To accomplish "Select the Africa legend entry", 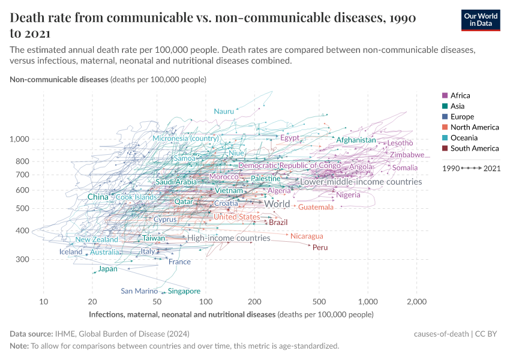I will click(460, 95).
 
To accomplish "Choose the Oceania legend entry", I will click(463, 138).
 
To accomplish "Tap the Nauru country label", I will click(224, 112).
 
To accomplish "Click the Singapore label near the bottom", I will click(184, 291).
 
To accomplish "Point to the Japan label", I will click(108, 269).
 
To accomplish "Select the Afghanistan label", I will click(356, 140).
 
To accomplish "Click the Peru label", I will click(320, 247).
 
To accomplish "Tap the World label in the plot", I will click(277, 204).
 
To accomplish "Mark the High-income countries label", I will click(229, 238).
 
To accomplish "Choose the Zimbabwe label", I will click(407, 155).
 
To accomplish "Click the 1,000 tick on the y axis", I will click(20, 139).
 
